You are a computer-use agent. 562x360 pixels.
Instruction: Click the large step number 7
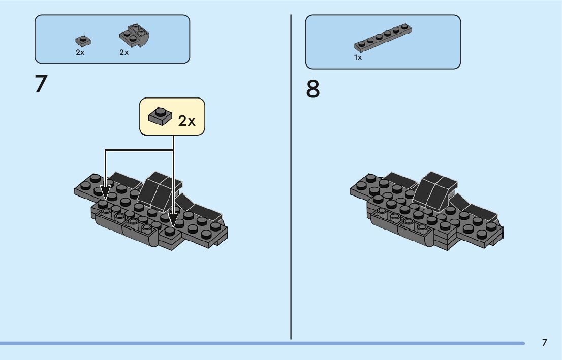(41, 84)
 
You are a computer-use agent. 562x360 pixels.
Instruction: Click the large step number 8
(313, 89)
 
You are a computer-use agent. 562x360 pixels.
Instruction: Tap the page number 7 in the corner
(544, 342)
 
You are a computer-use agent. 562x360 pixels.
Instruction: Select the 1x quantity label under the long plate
(358, 58)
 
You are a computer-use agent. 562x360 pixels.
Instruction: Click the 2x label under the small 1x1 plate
(80, 52)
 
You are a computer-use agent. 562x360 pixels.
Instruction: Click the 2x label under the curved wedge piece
(124, 52)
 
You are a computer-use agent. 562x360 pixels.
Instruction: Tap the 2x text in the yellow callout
(186, 121)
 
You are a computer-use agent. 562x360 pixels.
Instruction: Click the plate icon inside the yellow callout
(160, 116)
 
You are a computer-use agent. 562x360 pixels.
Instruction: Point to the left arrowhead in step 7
(105, 192)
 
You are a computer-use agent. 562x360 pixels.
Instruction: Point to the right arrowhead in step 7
(173, 222)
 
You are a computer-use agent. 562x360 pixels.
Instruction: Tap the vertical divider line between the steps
(291, 178)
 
